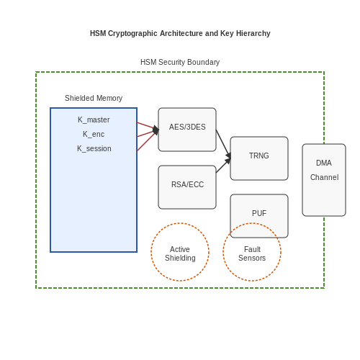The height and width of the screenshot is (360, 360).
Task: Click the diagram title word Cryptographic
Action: tap(132, 33)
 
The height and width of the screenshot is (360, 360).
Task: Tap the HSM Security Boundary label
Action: tap(180, 62)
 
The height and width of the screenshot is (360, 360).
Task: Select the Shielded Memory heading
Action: tap(94, 98)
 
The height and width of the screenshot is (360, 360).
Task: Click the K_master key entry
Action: tap(94, 120)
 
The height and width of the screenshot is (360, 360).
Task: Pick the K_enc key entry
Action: tap(94, 134)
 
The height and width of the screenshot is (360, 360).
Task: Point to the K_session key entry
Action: tap(94, 148)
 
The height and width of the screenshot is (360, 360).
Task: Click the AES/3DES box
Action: tap(187, 130)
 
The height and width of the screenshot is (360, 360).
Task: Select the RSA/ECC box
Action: tap(187, 187)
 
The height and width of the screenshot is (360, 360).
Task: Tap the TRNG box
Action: tap(259, 158)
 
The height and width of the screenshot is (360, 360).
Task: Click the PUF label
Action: tap(259, 213)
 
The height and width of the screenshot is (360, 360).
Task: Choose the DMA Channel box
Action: tap(324, 180)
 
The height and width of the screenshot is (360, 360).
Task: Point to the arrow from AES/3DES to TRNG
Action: tap(223, 144)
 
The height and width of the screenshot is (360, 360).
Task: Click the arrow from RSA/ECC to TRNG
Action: tap(223, 166)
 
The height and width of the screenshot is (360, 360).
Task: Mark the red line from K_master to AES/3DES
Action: tap(148, 126)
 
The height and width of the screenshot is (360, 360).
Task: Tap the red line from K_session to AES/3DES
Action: tap(148, 140)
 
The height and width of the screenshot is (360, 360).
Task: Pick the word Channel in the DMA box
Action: tap(324, 177)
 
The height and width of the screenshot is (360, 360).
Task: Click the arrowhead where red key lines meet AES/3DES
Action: tap(156, 130)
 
